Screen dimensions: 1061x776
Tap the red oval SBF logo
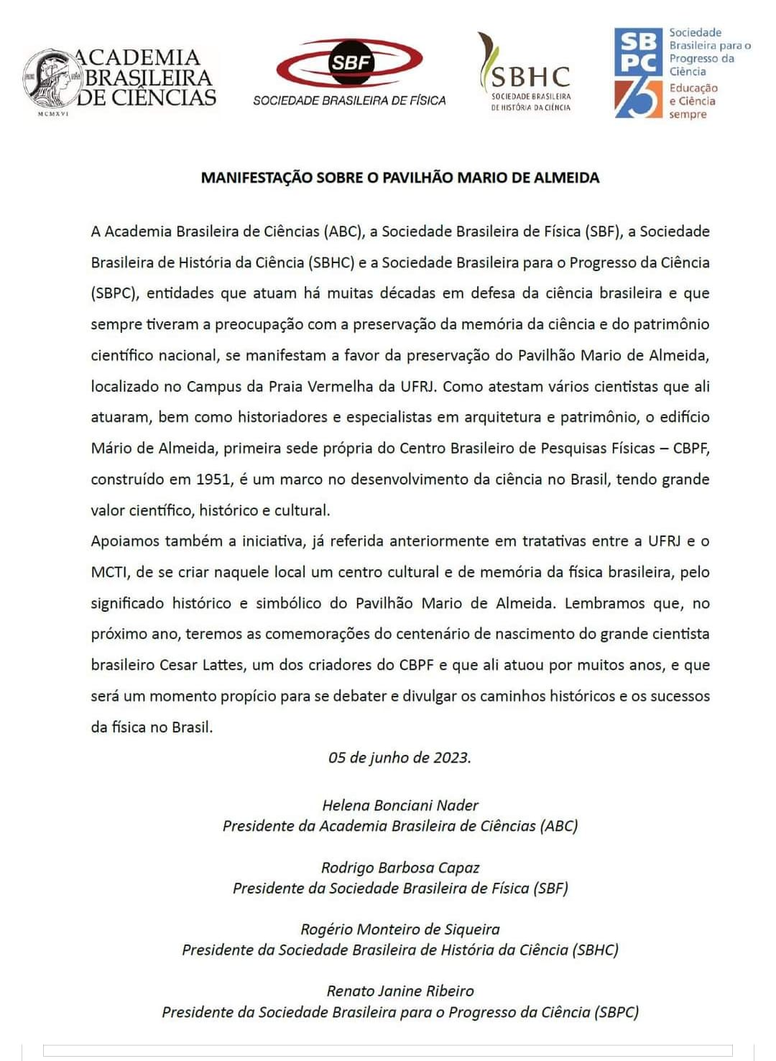click(349, 63)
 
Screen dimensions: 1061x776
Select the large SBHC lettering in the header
click(530, 76)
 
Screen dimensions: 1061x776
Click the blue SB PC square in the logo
click(638, 52)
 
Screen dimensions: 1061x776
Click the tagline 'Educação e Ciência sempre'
click(693, 101)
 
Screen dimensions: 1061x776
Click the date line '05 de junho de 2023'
click(399, 758)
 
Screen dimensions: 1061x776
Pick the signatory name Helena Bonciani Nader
click(399, 805)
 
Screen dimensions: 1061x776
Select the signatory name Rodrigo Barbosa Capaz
click(399, 868)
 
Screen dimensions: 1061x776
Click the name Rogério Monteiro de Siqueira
click(399, 929)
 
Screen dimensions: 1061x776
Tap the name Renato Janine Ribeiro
click(399, 991)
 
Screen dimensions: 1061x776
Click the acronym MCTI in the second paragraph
click(109, 572)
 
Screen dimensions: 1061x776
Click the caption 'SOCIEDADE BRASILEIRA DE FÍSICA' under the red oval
click(349, 101)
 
